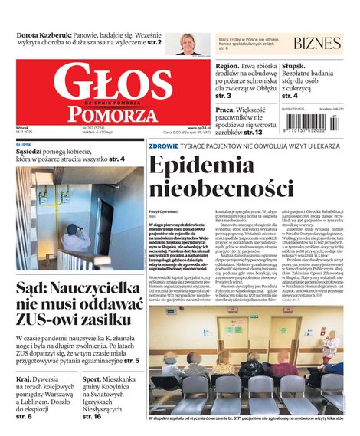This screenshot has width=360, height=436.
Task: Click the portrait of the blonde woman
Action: [x=186, y=43]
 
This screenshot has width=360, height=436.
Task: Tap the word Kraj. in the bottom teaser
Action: [x=25, y=379]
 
